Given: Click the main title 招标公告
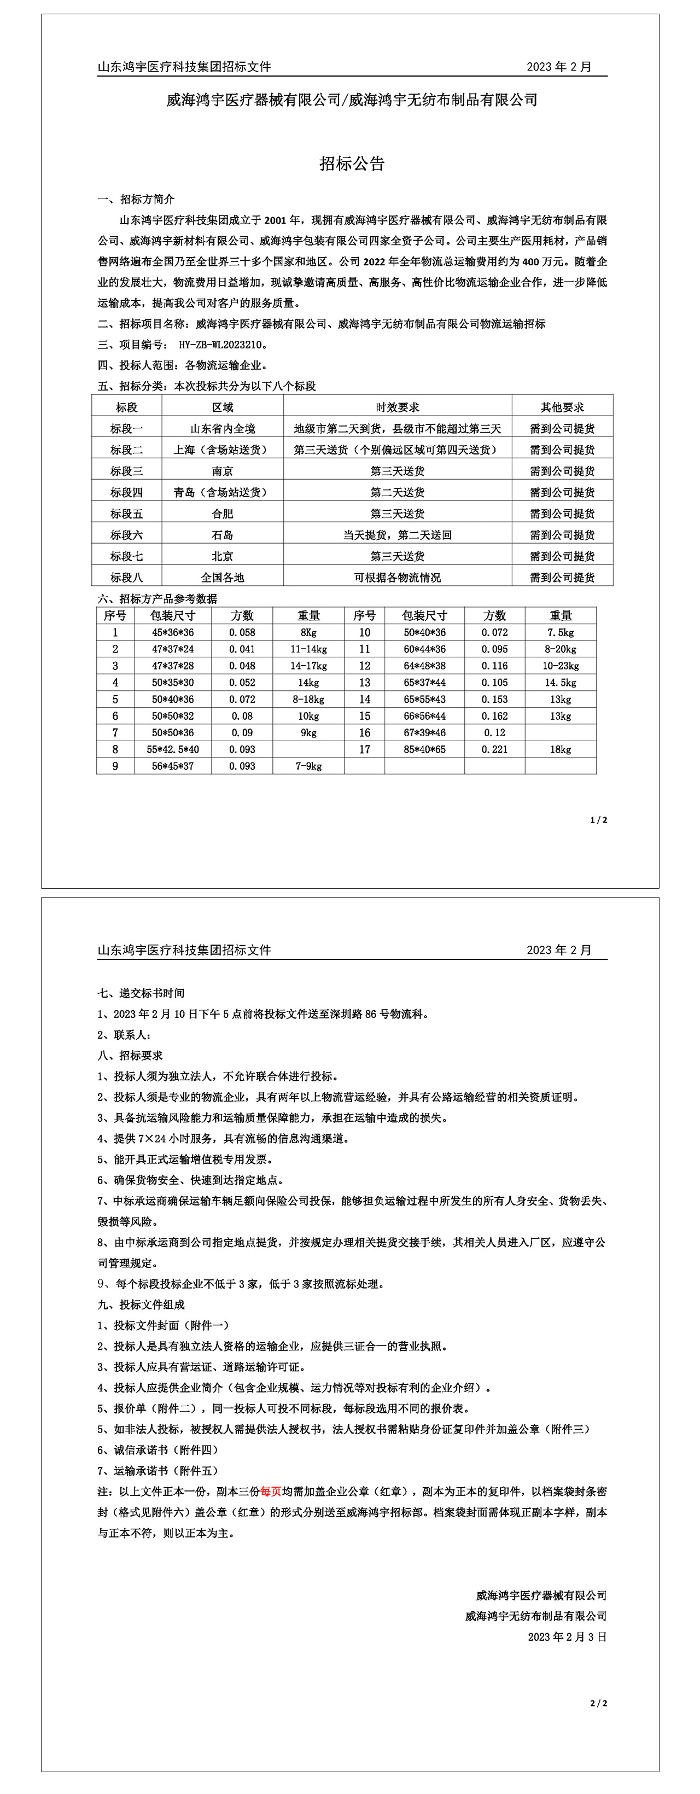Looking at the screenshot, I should [x=352, y=164].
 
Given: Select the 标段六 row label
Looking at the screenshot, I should [x=126, y=535].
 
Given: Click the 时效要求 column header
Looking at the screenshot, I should [x=397, y=407].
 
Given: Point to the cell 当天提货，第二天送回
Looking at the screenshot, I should [x=397, y=535].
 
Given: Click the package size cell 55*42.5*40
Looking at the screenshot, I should [x=173, y=749].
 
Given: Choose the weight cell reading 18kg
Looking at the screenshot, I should [x=560, y=749].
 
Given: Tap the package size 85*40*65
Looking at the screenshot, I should [x=424, y=749].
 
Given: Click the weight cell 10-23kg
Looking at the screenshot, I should [x=560, y=666].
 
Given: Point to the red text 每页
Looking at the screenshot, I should [x=270, y=1491].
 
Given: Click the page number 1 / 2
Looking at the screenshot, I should [x=598, y=820].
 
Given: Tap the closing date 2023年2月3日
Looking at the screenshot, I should [x=567, y=1636].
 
